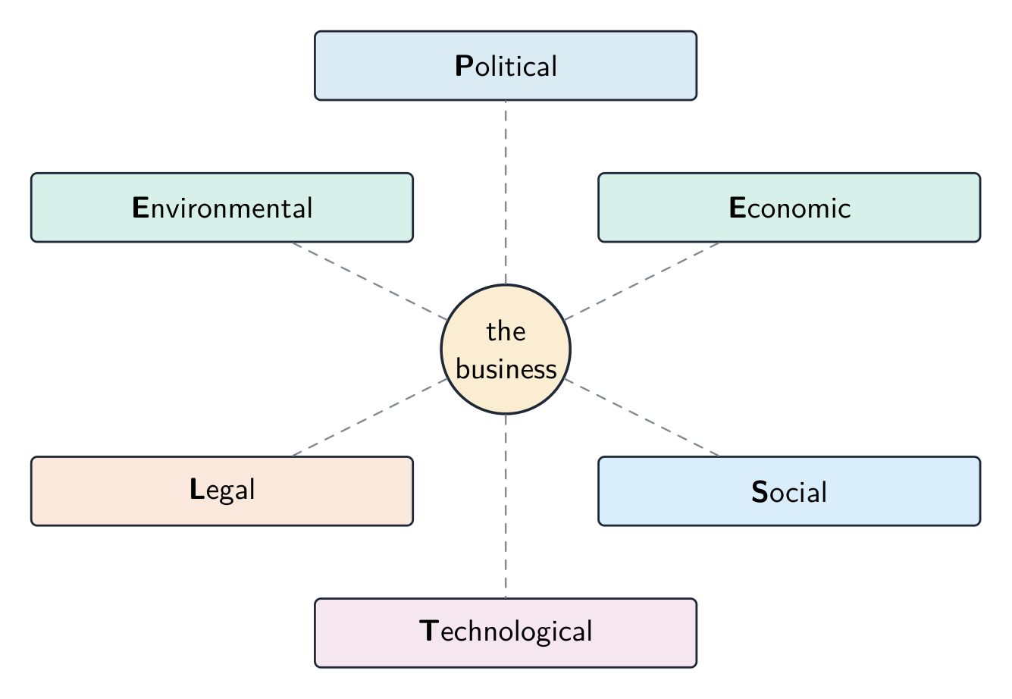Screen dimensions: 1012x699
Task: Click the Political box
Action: click(506, 65)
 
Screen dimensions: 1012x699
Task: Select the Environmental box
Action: click(222, 208)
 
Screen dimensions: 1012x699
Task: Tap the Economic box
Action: click(789, 208)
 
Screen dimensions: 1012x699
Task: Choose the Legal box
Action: click(222, 491)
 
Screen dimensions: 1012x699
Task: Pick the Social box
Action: click(789, 491)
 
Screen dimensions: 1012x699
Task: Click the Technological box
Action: click(506, 633)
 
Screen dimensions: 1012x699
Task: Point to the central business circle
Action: click(506, 349)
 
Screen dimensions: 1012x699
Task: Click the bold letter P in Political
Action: click(465, 66)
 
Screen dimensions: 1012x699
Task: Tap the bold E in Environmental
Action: click(140, 208)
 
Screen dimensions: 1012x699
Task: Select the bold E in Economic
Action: click(738, 208)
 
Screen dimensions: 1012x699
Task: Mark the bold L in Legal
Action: click(197, 489)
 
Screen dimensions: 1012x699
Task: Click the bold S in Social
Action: click(760, 491)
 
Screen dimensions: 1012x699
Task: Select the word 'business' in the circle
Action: click(506, 368)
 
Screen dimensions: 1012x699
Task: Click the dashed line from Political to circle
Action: click(506, 192)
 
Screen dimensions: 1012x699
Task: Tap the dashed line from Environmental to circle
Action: click(370, 281)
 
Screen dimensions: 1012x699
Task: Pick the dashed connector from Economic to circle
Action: click(641, 281)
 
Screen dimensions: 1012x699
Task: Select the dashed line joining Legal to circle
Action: click(370, 418)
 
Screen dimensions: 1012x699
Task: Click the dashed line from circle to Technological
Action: click(506, 506)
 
